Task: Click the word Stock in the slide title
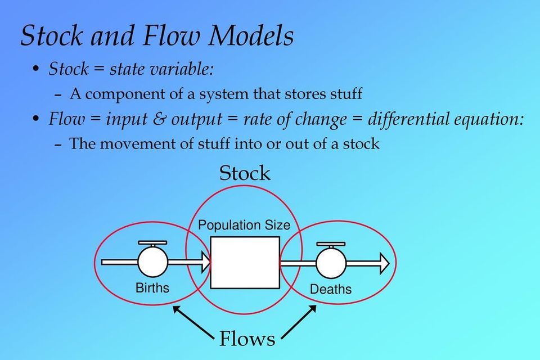[x=51, y=36]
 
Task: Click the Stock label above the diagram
[x=245, y=173]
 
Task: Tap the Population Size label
[x=244, y=226]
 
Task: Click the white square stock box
[x=245, y=262]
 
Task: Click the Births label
[x=152, y=288]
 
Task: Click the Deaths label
[x=331, y=289]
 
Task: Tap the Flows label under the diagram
[x=247, y=339]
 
